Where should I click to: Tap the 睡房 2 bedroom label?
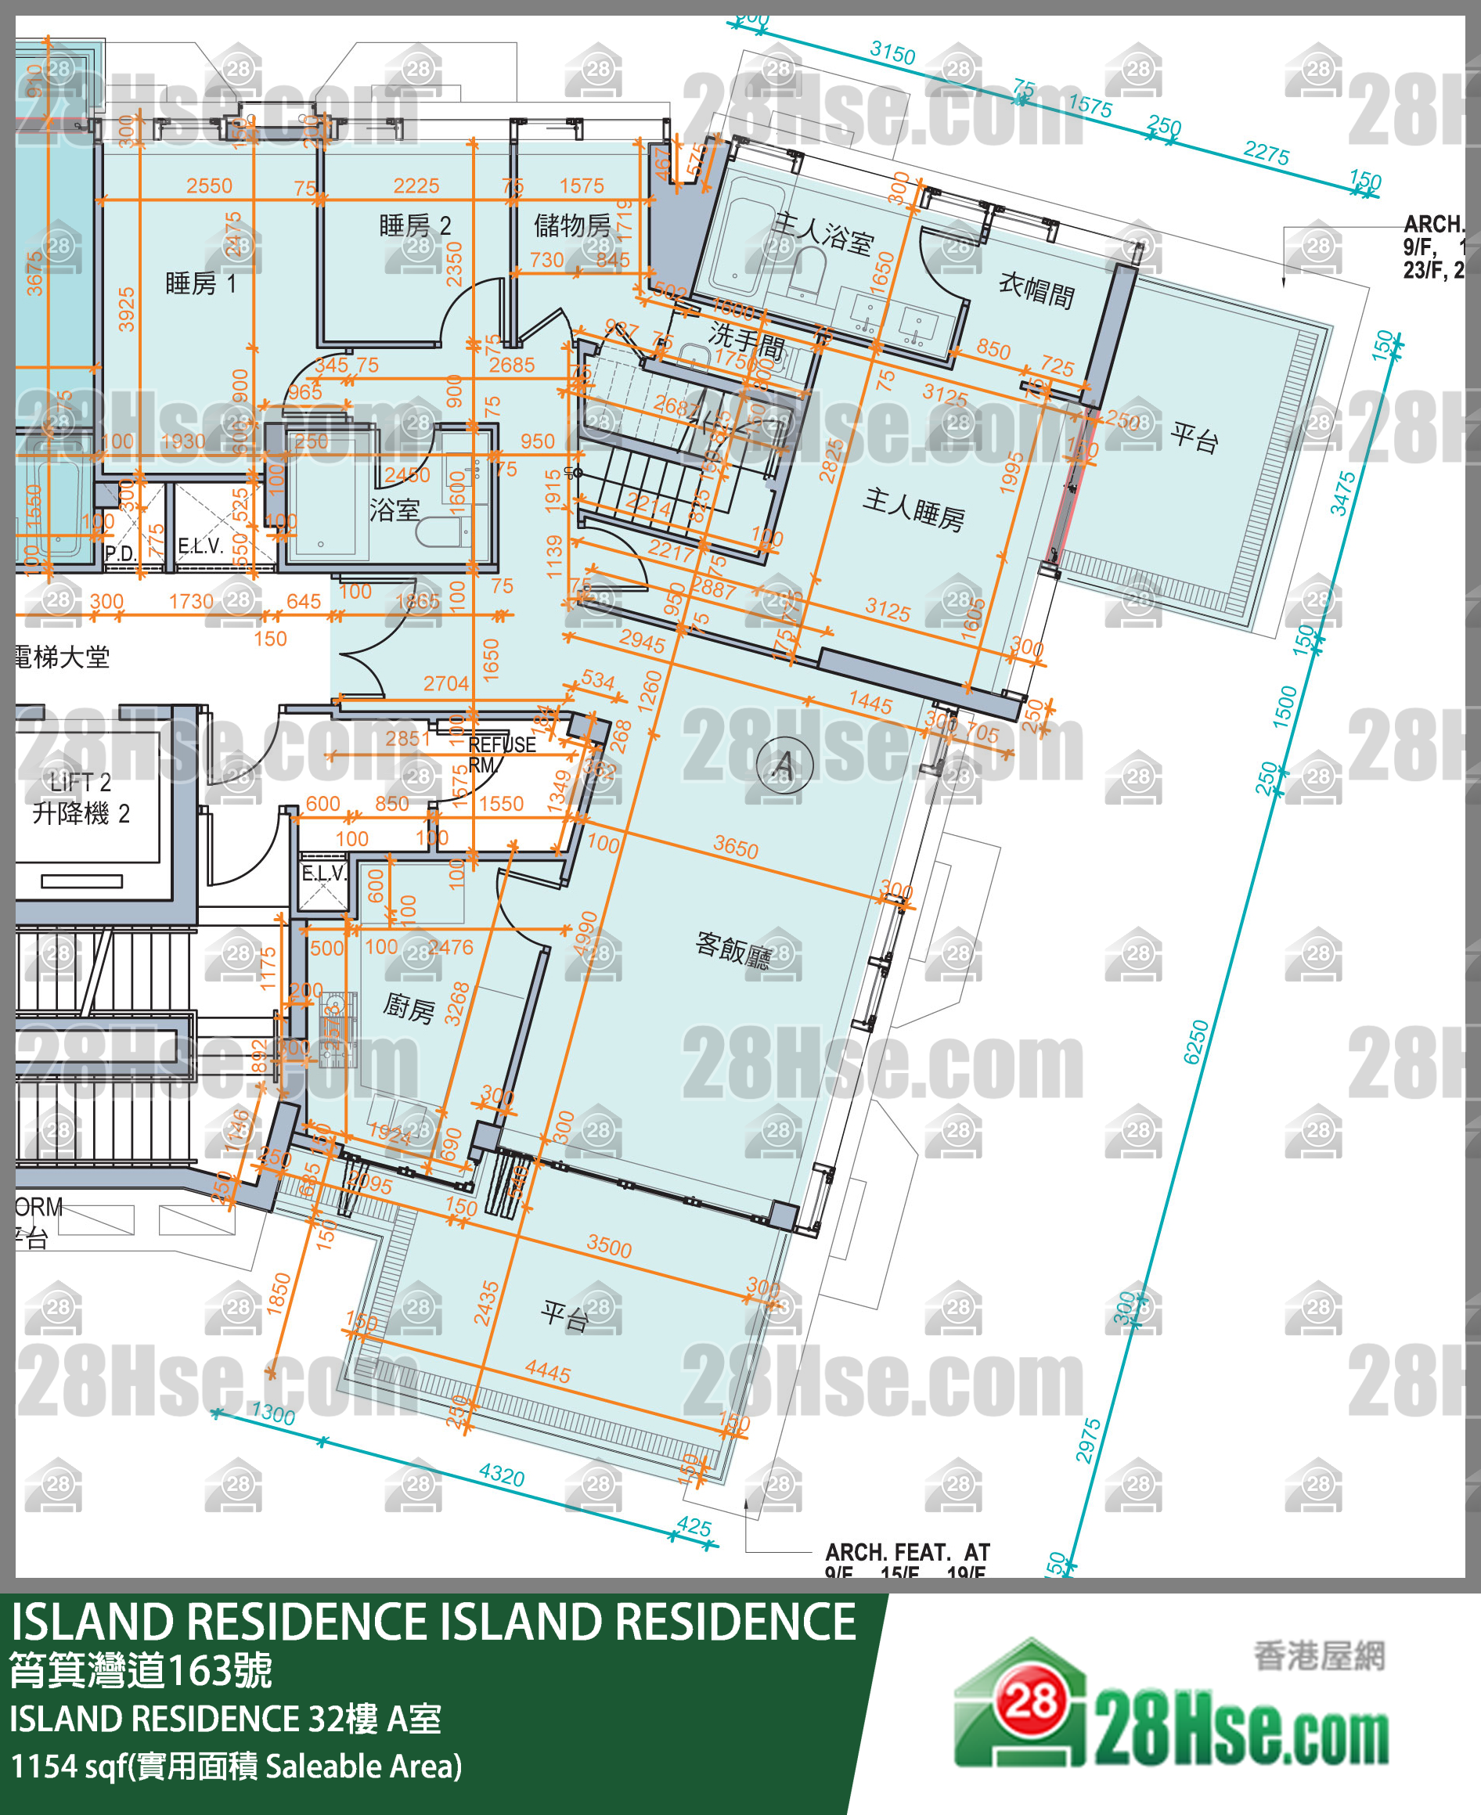pyautogui.click(x=415, y=226)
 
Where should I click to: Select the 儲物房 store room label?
pyautogui.click(x=571, y=225)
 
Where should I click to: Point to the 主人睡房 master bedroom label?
pyautogui.click(x=913, y=510)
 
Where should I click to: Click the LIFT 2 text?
pyautogui.click(x=79, y=781)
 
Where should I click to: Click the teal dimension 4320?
pyautogui.click(x=501, y=1474)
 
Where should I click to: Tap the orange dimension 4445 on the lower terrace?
pyautogui.click(x=547, y=1371)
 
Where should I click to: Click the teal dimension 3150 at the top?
pyautogui.click(x=892, y=53)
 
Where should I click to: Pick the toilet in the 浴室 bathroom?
pyautogui.click(x=438, y=532)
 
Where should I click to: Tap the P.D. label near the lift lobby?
pyautogui.click(x=120, y=553)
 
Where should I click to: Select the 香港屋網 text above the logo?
pyautogui.click(x=1318, y=1655)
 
